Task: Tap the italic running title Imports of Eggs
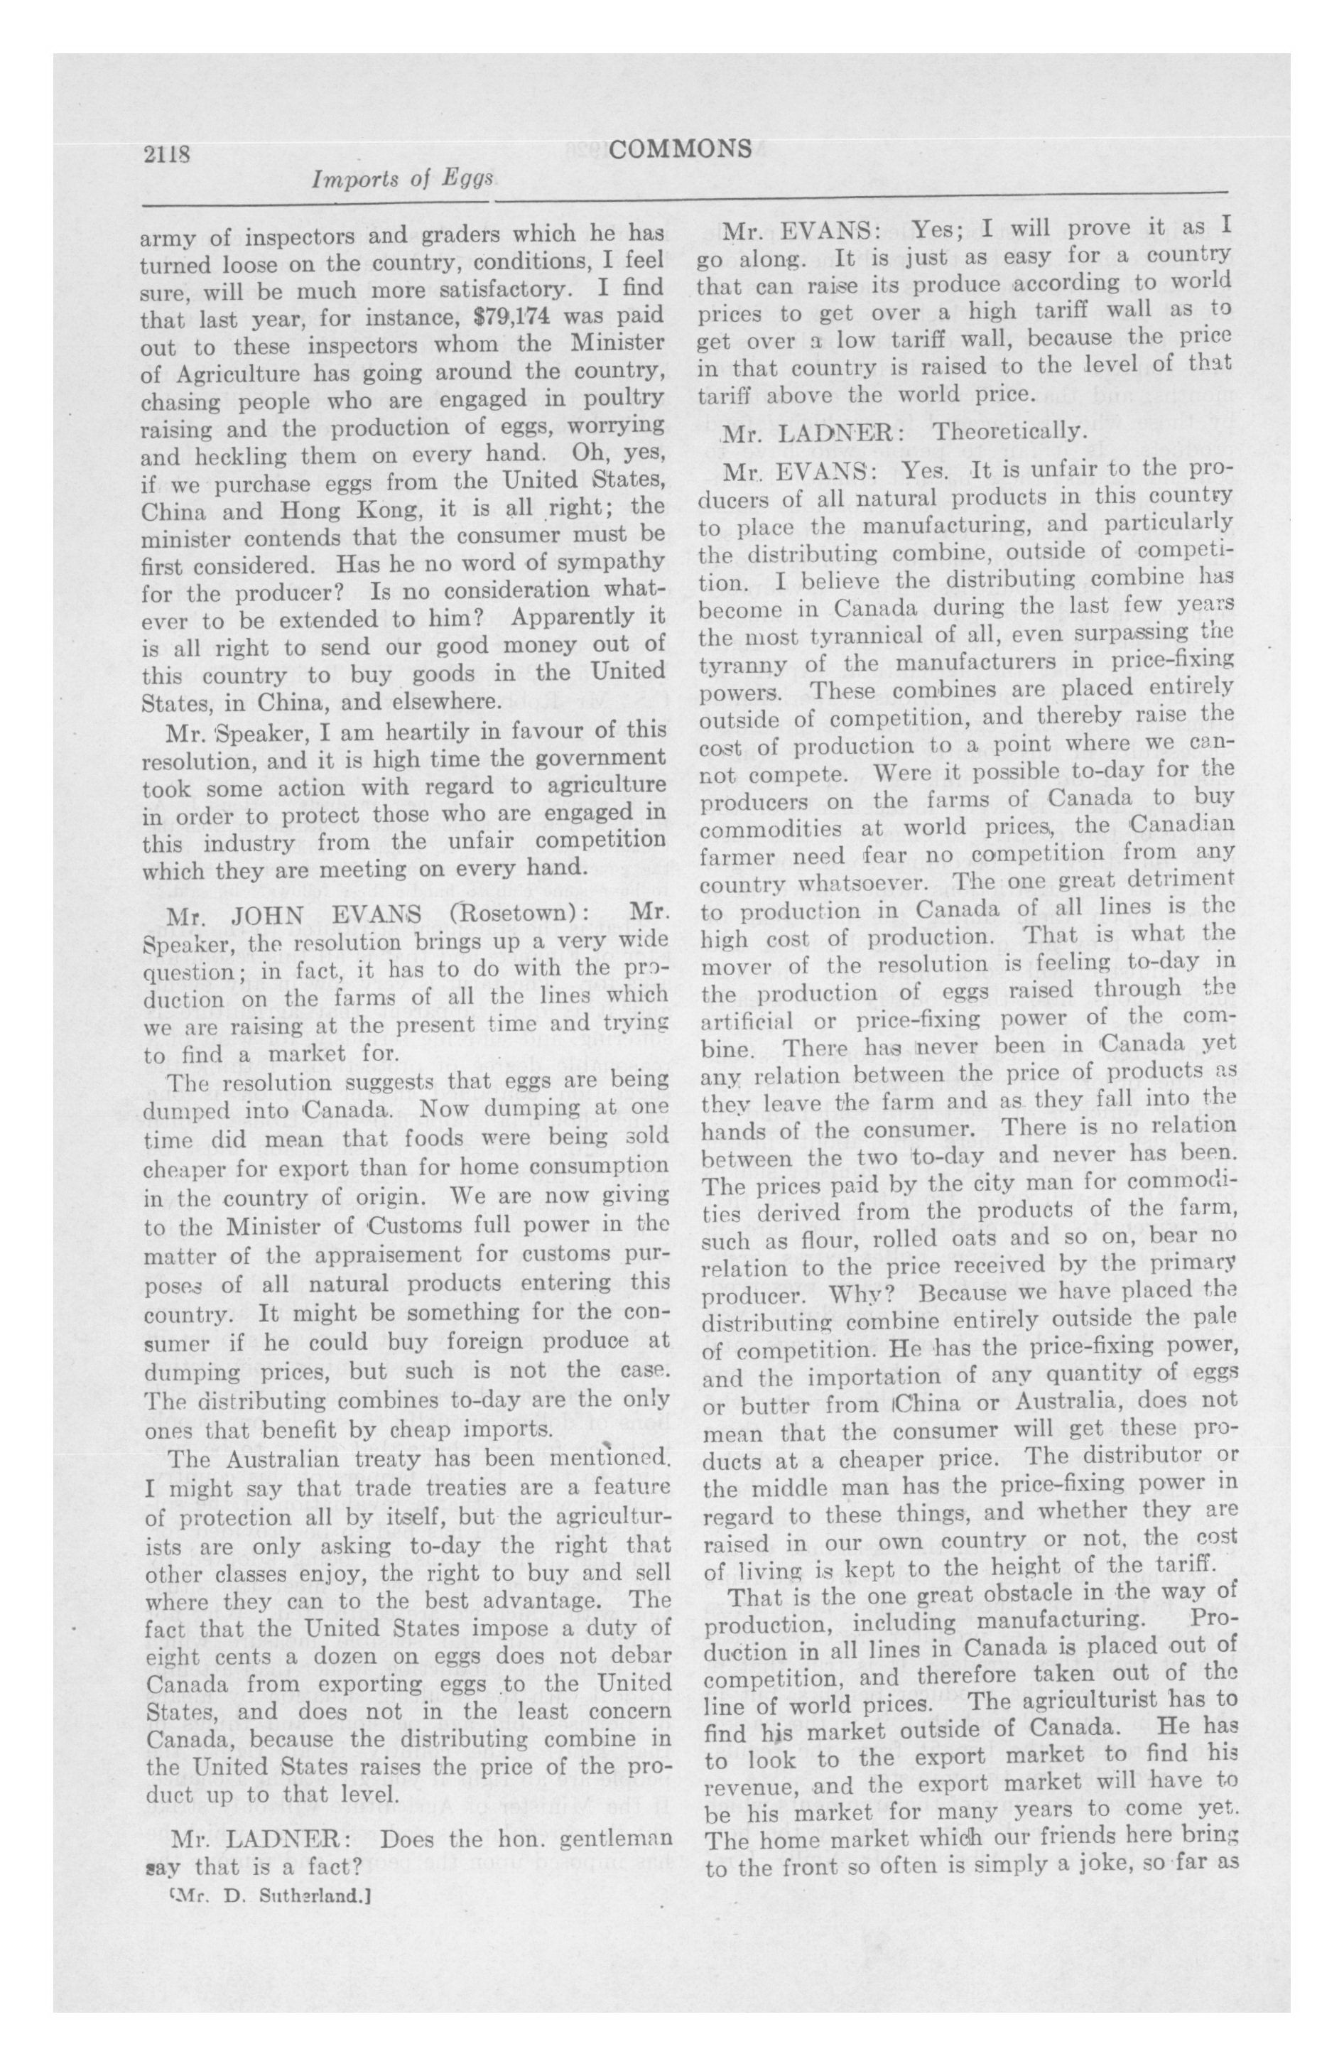tap(403, 180)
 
